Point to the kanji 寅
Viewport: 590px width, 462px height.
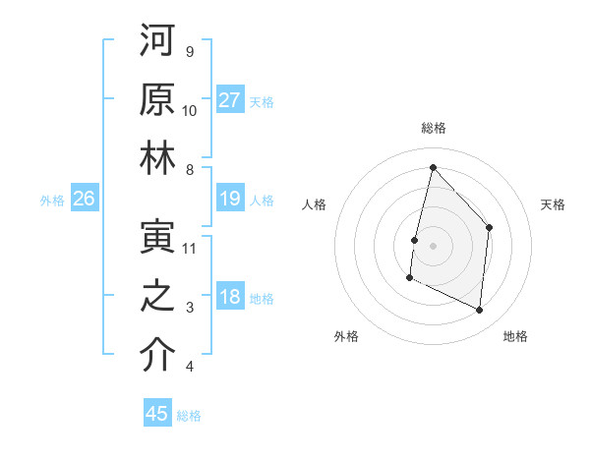pyautogui.click(x=157, y=237)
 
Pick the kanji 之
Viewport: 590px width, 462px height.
pyautogui.click(x=157, y=296)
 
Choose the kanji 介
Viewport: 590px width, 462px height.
pyautogui.click(x=157, y=355)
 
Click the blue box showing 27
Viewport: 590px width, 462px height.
pyautogui.click(x=230, y=99)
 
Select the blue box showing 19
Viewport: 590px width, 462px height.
pyautogui.click(x=230, y=200)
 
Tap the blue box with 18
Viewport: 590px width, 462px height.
pyautogui.click(x=230, y=298)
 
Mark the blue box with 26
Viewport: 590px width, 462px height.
pyautogui.click(x=85, y=200)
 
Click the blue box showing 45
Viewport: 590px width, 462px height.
pyautogui.click(x=157, y=414)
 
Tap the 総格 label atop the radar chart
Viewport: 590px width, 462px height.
pyautogui.click(x=434, y=128)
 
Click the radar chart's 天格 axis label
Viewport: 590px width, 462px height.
pyautogui.click(x=553, y=204)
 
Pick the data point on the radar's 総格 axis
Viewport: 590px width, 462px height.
pyautogui.click(x=433, y=167)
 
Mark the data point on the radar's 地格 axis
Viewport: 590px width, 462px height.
pyautogui.click(x=480, y=311)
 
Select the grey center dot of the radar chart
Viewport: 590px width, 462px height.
pyautogui.click(x=433, y=246)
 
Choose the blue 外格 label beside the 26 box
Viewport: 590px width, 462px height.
pyautogui.click(x=52, y=201)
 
